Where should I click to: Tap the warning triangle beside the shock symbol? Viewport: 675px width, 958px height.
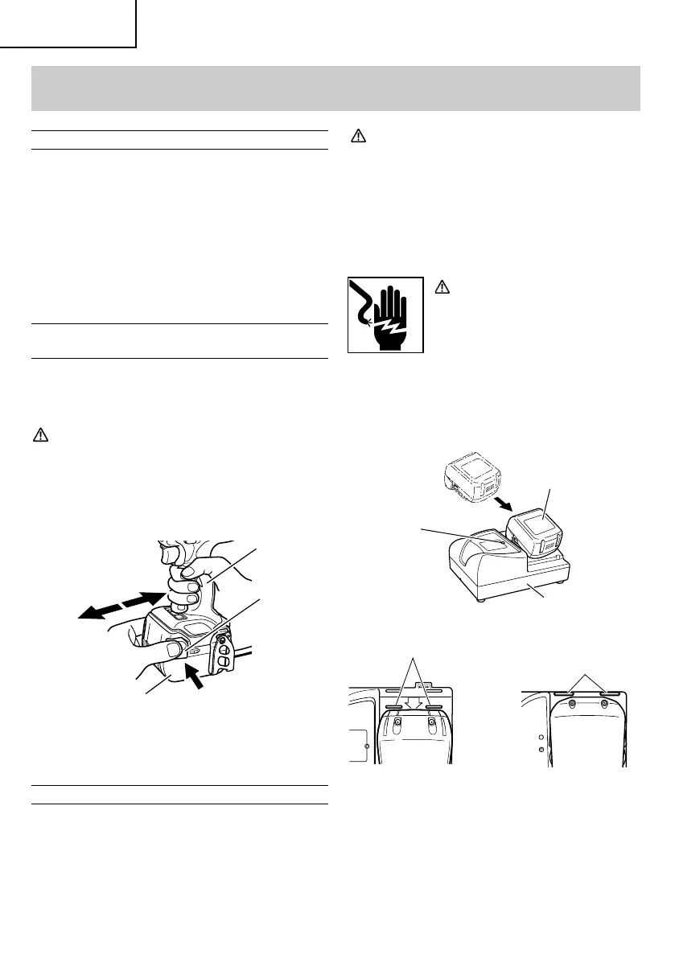pyautogui.click(x=439, y=286)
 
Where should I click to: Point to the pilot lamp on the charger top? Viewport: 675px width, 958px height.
pyautogui.click(x=501, y=543)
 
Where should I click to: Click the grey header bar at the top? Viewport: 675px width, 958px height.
pyautogui.click(x=337, y=88)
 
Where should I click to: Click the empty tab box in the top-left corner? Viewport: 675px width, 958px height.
pyautogui.click(x=68, y=23)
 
